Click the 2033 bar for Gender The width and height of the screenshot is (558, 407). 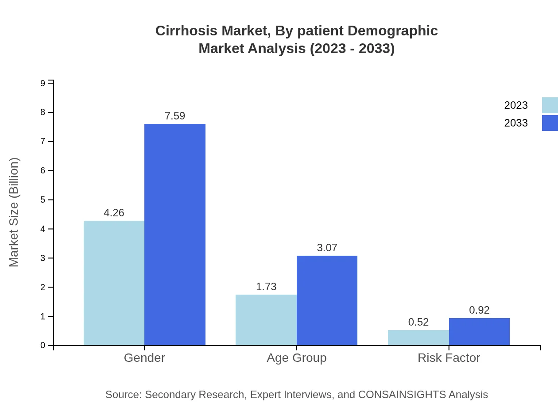pyautogui.click(x=175, y=234)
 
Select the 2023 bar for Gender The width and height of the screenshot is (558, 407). pyautogui.click(x=114, y=283)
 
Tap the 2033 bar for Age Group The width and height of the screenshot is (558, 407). pyautogui.click(x=327, y=300)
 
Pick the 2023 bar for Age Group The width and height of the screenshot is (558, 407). pyautogui.click(x=266, y=320)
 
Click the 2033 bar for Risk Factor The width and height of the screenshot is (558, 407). pyautogui.click(x=479, y=332)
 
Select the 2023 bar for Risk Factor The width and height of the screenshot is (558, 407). pyautogui.click(x=418, y=338)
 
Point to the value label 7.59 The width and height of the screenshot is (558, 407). pyautogui.click(x=175, y=116)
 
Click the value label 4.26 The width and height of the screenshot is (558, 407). pyautogui.click(x=114, y=213)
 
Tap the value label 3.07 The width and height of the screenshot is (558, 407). pyautogui.click(x=327, y=248)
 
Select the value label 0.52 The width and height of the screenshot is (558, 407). pyautogui.click(x=418, y=322)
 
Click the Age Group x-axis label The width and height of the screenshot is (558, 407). pyautogui.click(x=296, y=358)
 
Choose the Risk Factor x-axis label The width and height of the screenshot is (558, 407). pyautogui.click(x=449, y=358)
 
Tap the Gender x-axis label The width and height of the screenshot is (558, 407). pyautogui.click(x=144, y=358)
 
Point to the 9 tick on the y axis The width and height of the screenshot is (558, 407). pyautogui.click(x=43, y=83)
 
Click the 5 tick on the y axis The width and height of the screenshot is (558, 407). pyautogui.click(x=43, y=200)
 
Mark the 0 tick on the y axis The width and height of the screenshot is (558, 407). pyautogui.click(x=43, y=346)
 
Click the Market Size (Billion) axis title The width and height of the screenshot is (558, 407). pyautogui.click(x=14, y=212)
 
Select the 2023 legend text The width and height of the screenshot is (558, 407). pyautogui.click(x=516, y=105)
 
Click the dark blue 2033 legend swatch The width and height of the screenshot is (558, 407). pyautogui.click(x=550, y=123)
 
